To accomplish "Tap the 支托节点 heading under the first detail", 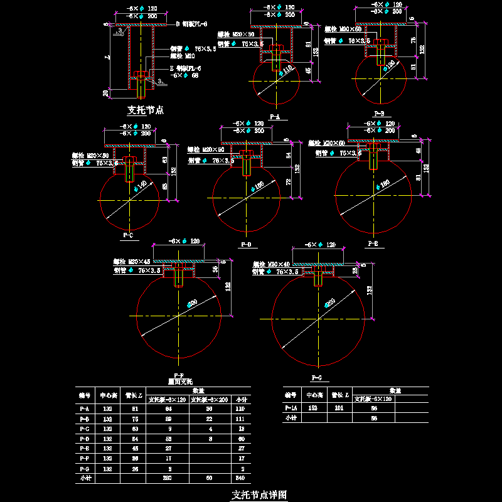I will (x=146, y=110).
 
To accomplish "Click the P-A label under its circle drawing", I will (x=274, y=117).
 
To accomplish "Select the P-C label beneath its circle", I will (x=128, y=236).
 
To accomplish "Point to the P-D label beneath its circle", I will (x=245, y=244).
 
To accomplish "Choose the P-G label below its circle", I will (x=316, y=378).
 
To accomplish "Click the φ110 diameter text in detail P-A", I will (x=287, y=70).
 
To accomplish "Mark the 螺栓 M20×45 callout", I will (x=132, y=261).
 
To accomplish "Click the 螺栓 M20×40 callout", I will (x=271, y=264).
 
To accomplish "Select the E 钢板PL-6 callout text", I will (x=185, y=68).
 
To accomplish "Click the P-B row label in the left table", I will (x=85, y=418).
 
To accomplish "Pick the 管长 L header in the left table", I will (x=132, y=395).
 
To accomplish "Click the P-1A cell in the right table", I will (x=290, y=408).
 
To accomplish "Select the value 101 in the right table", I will (x=338, y=408).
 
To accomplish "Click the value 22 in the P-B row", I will (x=208, y=418).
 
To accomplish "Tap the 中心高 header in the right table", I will (x=314, y=395).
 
